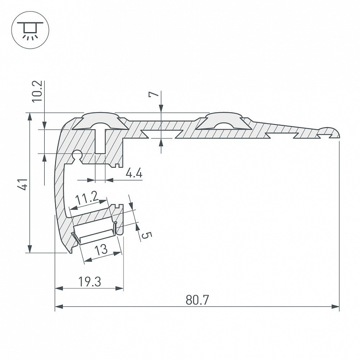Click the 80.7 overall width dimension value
coord(197,300)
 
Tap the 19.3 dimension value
coord(89,281)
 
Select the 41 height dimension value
coord(23,184)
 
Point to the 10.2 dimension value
coord(37,91)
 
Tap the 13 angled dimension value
coord(101,249)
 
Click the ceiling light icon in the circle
coord(30,30)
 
